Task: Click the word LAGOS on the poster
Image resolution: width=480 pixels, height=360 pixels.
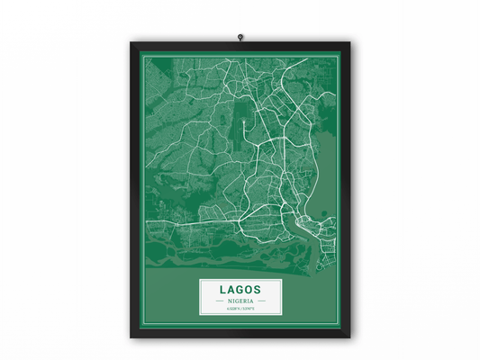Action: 240,290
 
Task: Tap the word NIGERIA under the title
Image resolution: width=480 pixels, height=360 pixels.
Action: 240,301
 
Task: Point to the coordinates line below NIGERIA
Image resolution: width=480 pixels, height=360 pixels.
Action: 240,309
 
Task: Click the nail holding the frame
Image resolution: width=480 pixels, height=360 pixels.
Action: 240,37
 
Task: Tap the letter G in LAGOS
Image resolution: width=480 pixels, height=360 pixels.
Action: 240,290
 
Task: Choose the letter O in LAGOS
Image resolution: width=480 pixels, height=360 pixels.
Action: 249,290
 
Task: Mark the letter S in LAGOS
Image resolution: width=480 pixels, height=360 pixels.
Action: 258,290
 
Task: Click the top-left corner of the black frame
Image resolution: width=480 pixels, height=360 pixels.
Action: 131,41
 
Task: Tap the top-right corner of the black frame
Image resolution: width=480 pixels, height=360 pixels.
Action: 350,41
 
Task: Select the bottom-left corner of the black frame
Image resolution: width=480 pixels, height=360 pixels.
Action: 131,337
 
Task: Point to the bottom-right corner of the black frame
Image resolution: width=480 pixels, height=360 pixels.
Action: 350,337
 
